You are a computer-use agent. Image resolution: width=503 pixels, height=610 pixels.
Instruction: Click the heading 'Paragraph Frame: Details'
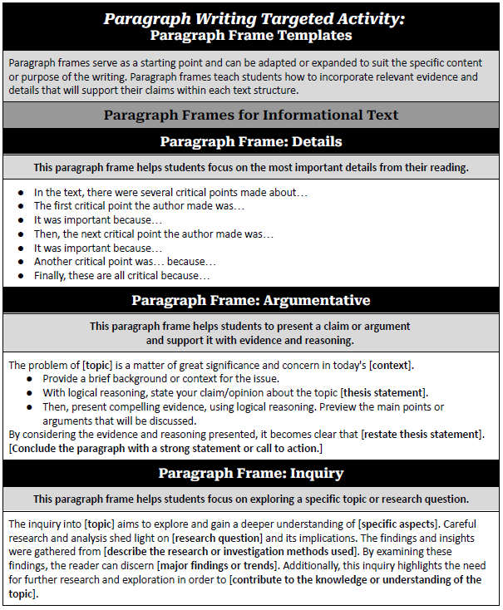251,141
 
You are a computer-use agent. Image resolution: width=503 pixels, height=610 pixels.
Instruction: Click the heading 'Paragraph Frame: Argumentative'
251,300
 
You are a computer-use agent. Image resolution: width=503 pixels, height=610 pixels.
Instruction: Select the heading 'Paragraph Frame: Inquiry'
251,473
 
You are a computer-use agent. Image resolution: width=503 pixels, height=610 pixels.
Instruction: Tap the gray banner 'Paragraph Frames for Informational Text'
251,115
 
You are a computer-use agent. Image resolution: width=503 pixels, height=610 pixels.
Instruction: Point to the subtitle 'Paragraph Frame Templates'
251,35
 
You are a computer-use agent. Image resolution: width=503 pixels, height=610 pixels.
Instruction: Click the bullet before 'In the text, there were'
21,192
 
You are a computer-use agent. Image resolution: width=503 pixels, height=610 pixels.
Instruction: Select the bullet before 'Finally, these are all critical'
21,275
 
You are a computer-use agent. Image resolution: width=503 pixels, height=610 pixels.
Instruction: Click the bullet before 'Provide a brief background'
31,378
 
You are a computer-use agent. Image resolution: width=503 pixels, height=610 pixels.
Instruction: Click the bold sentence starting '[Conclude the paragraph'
165,448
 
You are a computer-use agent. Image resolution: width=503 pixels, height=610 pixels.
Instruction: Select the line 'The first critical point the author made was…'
139,205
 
